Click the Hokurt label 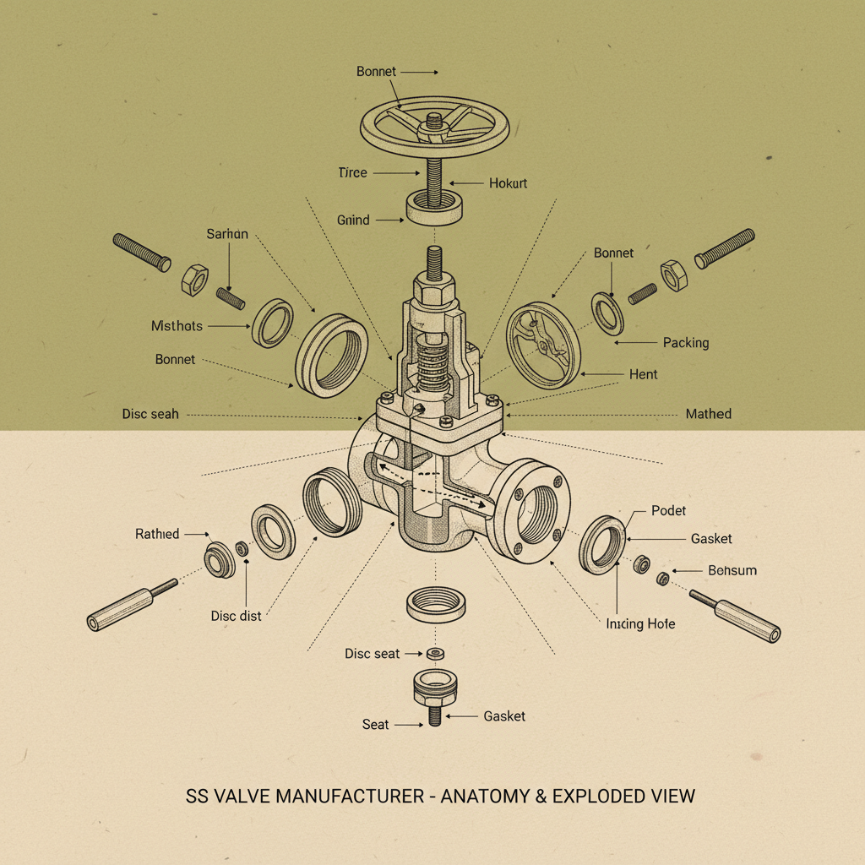click(508, 182)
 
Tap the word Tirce click(352, 172)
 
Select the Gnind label click(353, 220)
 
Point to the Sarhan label click(227, 234)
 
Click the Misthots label click(177, 325)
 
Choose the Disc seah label click(150, 414)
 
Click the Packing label click(685, 343)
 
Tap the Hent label click(643, 374)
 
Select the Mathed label click(708, 414)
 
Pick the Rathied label click(157, 534)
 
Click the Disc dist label click(236, 616)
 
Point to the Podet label click(669, 510)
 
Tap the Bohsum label click(732, 570)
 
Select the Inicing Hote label click(640, 624)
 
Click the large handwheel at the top click(434, 127)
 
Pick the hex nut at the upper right click(673, 275)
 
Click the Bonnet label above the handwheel click(376, 72)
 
